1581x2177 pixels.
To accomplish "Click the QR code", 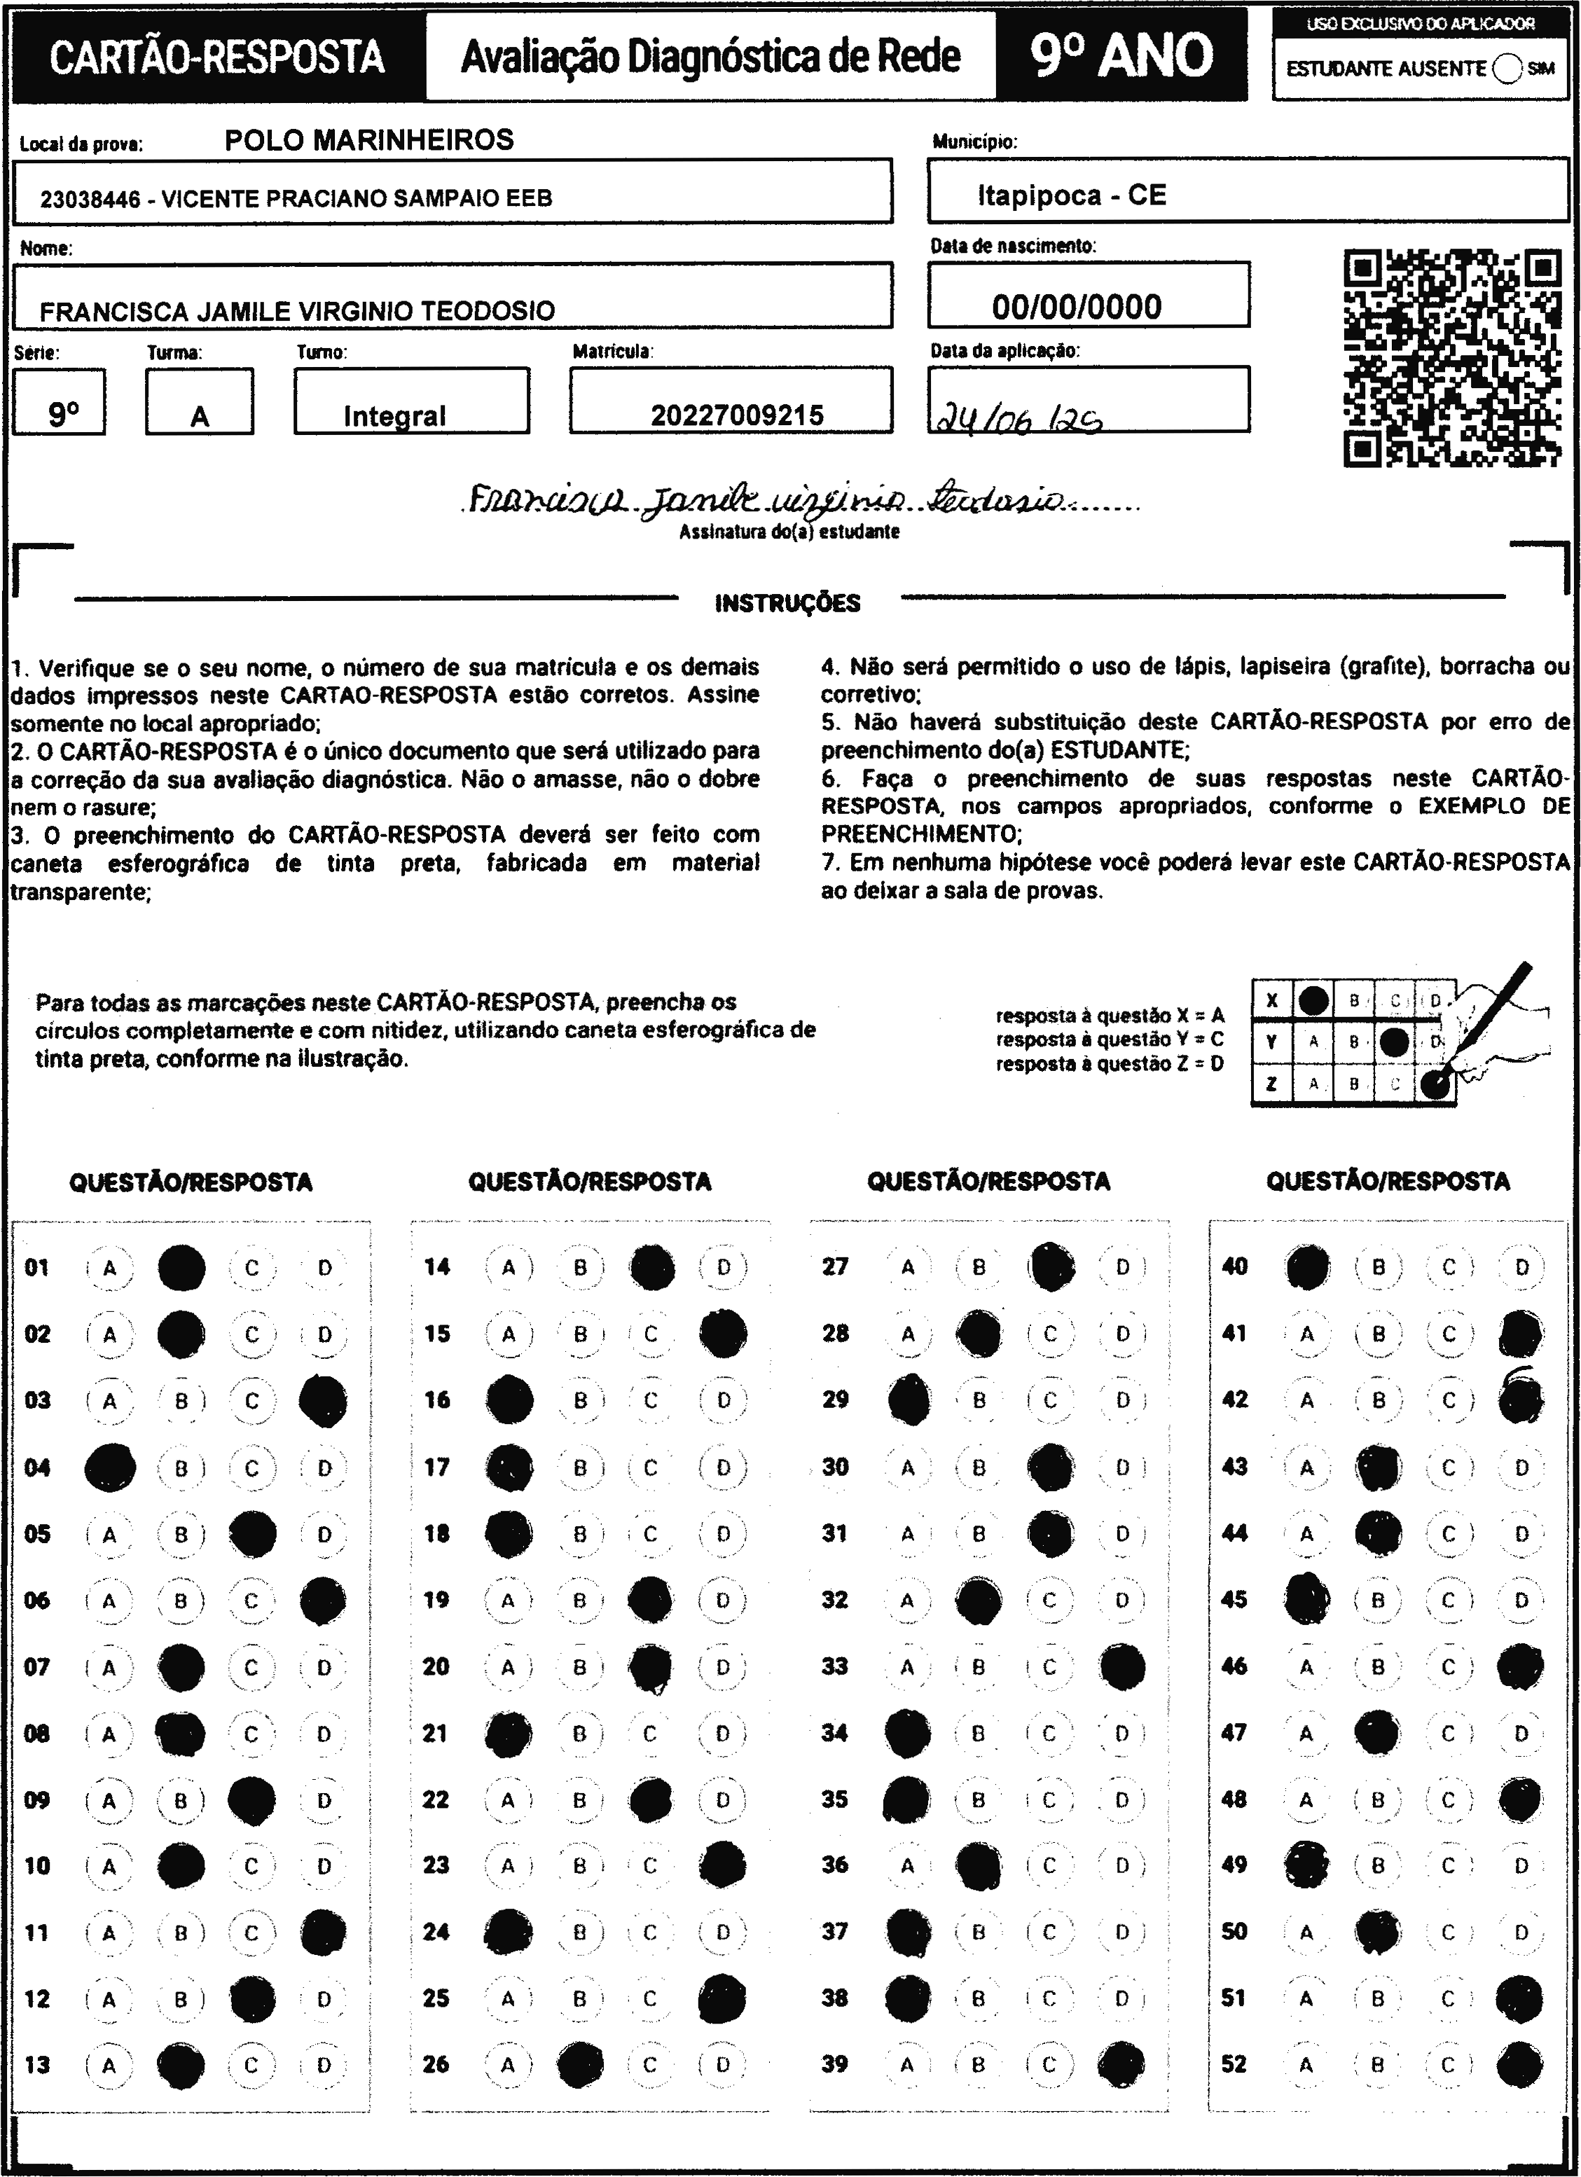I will tap(1451, 358).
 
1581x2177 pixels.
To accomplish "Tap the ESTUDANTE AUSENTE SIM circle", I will tap(1507, 69).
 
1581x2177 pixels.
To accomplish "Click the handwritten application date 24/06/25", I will tap(1018, 418).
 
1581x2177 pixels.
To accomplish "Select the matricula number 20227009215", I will tap(736, 415).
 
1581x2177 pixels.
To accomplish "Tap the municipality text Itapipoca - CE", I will tap(1071, 196).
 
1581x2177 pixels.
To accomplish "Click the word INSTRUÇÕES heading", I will tap(787, 604).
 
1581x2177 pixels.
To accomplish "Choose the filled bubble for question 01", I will tap(181, 1268).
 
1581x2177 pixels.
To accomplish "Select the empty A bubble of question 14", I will tap(509, 1268).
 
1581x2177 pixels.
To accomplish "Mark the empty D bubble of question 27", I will tap(1122, 1268).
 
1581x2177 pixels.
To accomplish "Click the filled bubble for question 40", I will tap(1307, 1268).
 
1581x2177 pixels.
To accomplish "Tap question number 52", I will tap(1234, 2063).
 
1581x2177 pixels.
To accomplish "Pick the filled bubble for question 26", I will tap(580, 2065).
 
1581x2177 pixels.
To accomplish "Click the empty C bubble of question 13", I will tap(251, 2065).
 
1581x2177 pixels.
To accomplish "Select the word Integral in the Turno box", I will tap(394, 415).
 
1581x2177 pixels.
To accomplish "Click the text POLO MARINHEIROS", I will tap(368, 140).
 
